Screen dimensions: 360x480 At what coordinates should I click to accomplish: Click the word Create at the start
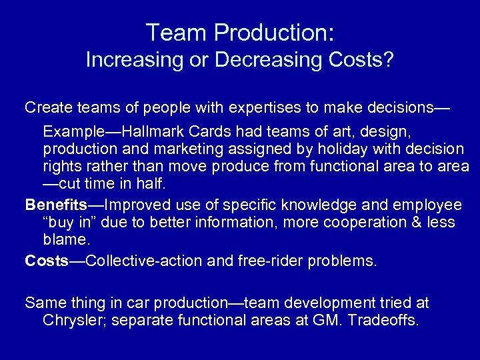46,107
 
